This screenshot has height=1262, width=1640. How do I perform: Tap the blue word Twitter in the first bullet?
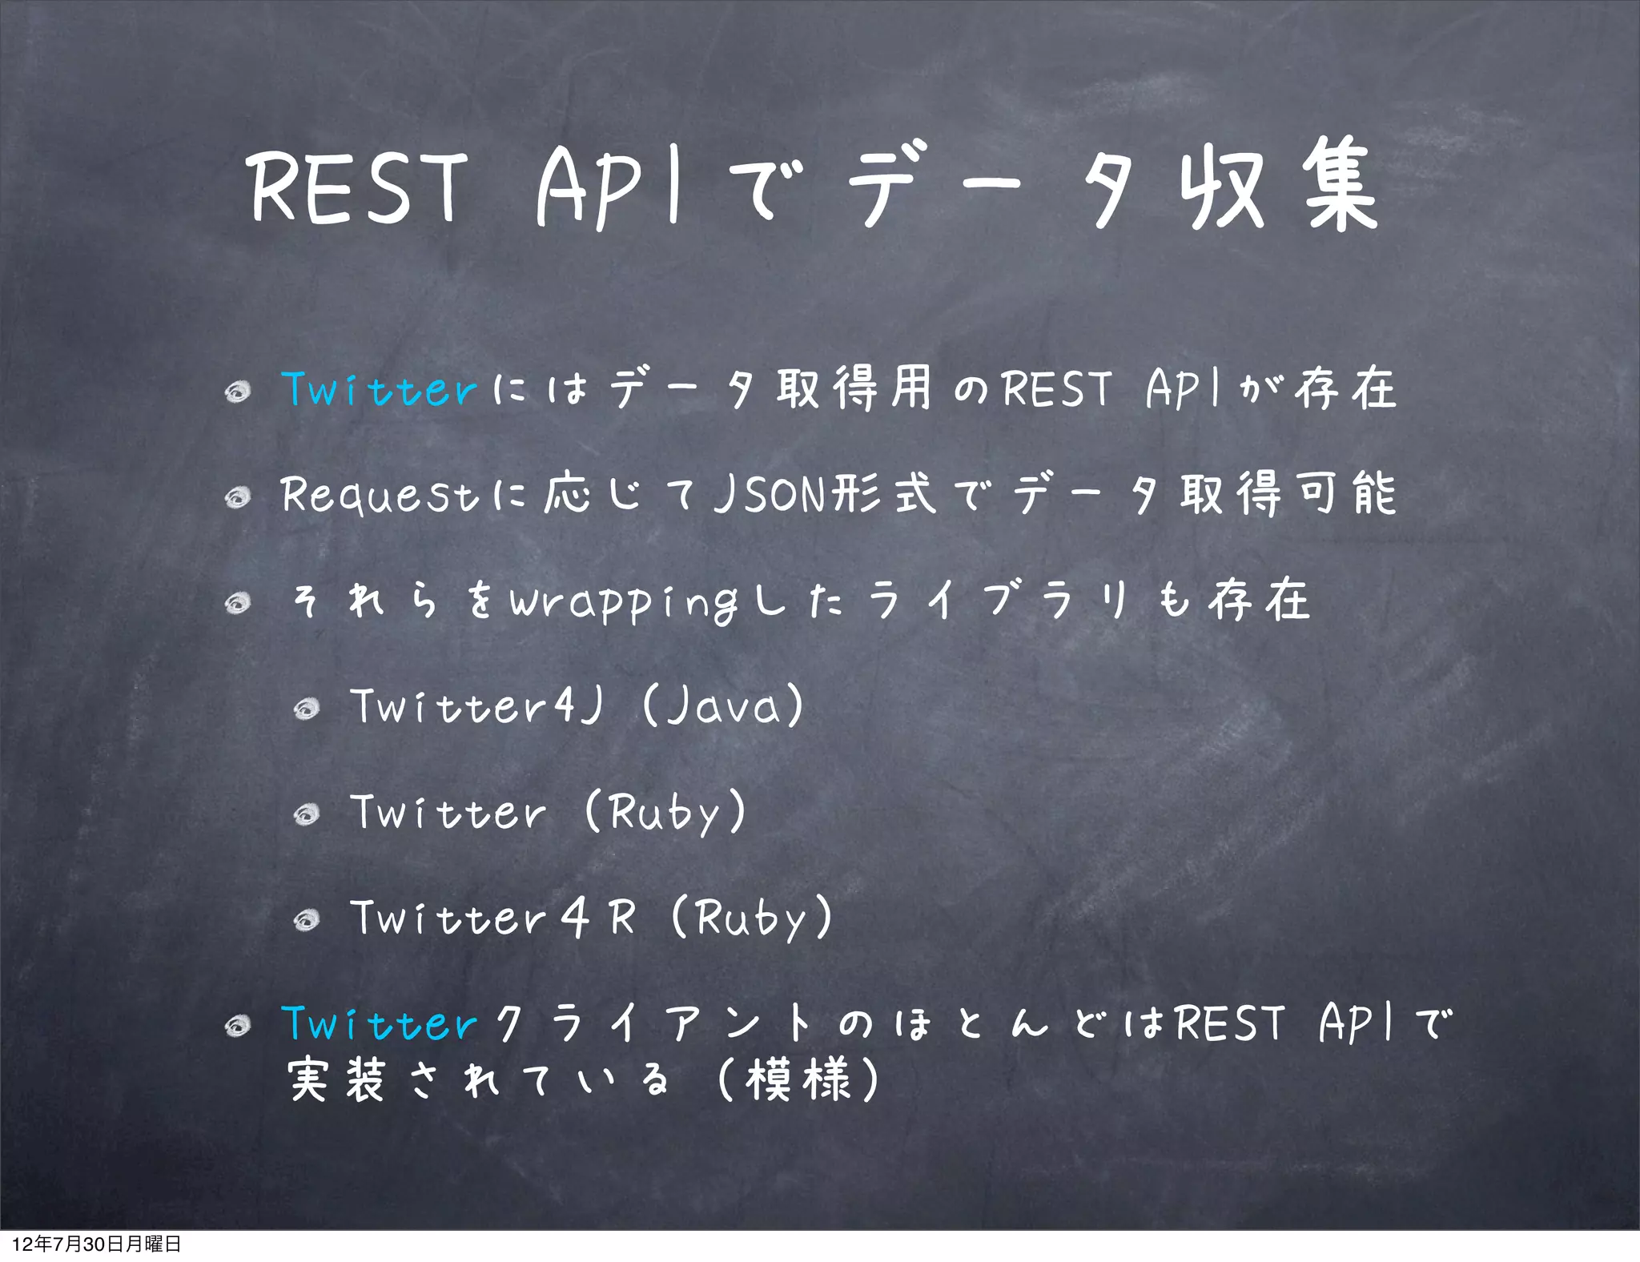point(380,390)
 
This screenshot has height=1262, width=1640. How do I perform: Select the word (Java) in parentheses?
point(723,706)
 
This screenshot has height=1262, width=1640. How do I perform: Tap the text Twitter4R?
point(493,918)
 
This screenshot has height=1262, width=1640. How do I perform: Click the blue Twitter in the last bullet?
point(380,1024)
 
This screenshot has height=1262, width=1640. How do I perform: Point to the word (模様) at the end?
point(798,1080)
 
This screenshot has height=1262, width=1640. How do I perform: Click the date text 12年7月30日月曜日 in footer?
point(96,1244)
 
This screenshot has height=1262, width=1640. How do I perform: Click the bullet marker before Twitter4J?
point(307,709)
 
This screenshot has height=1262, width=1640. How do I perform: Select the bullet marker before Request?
point(238,498)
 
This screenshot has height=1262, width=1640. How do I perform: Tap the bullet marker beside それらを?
point(238,603)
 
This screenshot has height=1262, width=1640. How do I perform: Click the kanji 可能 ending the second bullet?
point(1346,494)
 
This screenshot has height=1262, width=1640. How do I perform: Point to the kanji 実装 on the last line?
point(337,1080)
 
